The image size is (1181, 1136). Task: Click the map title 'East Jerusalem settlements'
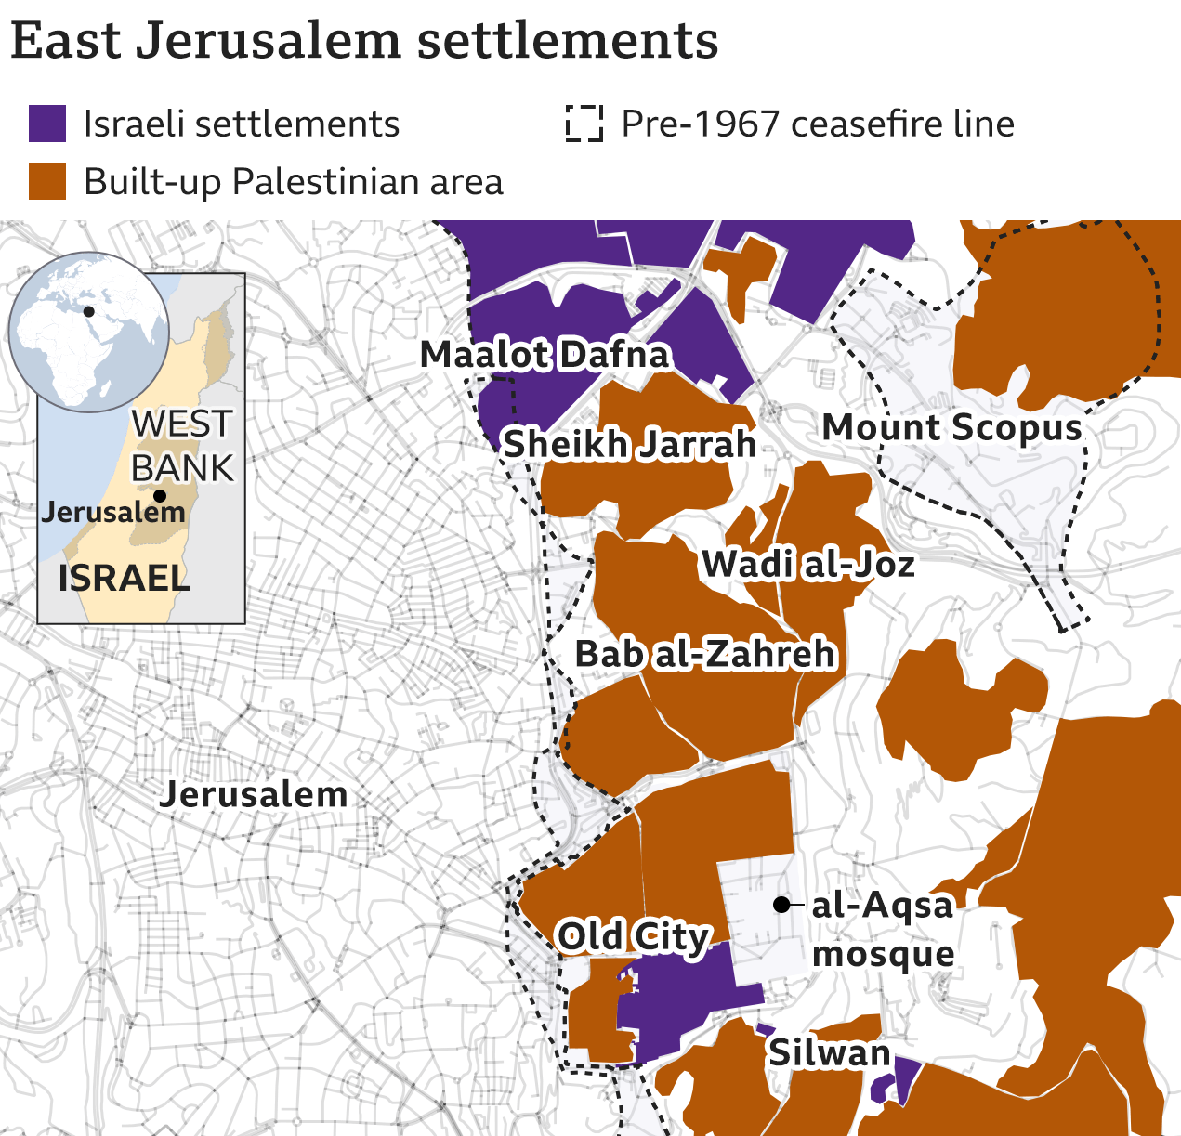pyautogui.click(x=364, y=41)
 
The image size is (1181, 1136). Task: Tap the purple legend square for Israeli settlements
pyautogui.click(x=47, y=124)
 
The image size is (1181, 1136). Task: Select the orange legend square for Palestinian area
pyautogui.click(x=47, y=181)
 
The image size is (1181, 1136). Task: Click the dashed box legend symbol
pyautogui.click(x=584, y=124)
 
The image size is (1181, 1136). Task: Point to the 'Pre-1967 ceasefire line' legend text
pyautogui.click(x=818, y=124)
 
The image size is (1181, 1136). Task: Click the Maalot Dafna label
pyautogui.click(x=545, y=354)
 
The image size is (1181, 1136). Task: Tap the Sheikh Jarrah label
pyautogui.click(x=629, y=444)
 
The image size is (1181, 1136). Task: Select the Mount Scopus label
pyautogui.click(x=952, y=427)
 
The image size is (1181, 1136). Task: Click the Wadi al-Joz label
pyautogui.click(x=808, y=564)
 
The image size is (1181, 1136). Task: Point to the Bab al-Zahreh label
pyautogui.click(x=705, y=654)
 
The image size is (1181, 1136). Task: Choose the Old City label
pyautogui.click(x=634, y=935)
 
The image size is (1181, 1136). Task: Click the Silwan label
pyautogui.click(x=829, y=1052)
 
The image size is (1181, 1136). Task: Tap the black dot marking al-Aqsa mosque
pyautogui.click(x=782, y=904)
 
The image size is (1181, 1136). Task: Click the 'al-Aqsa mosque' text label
pyautogui.click(x=883, y=929)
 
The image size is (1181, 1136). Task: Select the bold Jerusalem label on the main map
pyautogui.click(x=254, y=794)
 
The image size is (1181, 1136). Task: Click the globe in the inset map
pyautogui.click(x=89, y=331)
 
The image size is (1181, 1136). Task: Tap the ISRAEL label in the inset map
pyautogui.click(x=125, y=578)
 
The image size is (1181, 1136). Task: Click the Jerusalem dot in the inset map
pyautogui.click(x=160, y=496)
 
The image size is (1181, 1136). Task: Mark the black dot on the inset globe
pyautogui.click(x=89, y=311)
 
